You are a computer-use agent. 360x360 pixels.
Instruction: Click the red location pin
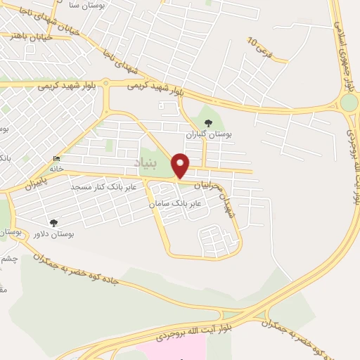pos(181,165)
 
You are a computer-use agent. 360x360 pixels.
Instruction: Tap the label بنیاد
pos(149,163)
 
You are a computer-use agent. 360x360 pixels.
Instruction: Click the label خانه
pos(56,169)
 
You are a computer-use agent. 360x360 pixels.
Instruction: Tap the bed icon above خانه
pos(56,159)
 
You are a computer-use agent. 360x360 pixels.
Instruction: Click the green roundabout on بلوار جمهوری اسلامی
pos(348,104)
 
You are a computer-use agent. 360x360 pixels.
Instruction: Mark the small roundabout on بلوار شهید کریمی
pos(105,83)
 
